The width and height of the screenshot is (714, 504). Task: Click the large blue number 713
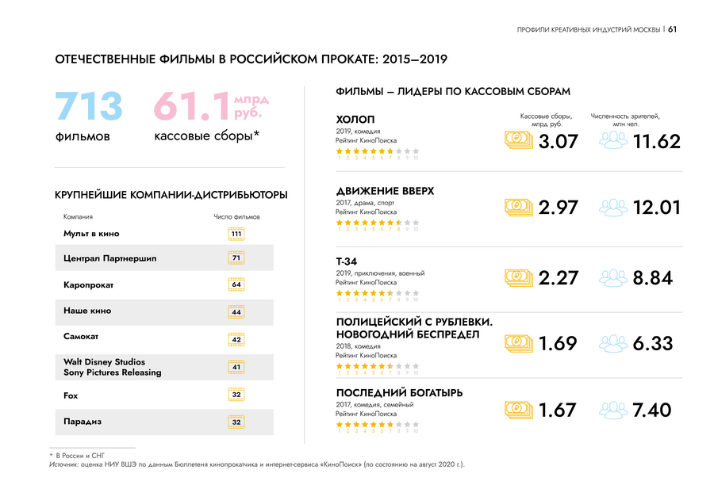(89, 107)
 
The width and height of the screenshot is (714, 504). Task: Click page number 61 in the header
(672, 29)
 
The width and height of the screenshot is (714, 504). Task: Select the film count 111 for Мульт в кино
(236, 234)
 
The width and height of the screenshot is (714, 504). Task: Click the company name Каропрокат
(89, 284)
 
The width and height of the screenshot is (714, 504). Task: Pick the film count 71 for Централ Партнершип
(236, 258)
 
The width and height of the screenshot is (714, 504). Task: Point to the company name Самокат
(81, 337)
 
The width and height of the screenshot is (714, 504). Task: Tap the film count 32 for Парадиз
(236, 422)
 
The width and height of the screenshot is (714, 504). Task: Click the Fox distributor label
(71, 395)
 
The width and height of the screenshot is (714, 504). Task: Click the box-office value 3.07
(558, 142)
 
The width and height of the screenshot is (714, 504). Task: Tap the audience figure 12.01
(657, 208)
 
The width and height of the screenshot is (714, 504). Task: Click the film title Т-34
(347, 262)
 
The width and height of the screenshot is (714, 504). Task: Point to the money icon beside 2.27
(519, 278)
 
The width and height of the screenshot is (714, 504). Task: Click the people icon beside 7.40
(612, 410)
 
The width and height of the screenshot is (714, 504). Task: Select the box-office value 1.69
(558, 344)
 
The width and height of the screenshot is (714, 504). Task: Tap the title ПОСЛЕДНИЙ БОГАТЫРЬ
(399, 393)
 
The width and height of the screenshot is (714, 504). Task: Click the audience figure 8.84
(653, 278)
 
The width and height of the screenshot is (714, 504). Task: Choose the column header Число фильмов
(236, 216)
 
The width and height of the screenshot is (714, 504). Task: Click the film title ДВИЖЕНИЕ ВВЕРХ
(385, 191)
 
